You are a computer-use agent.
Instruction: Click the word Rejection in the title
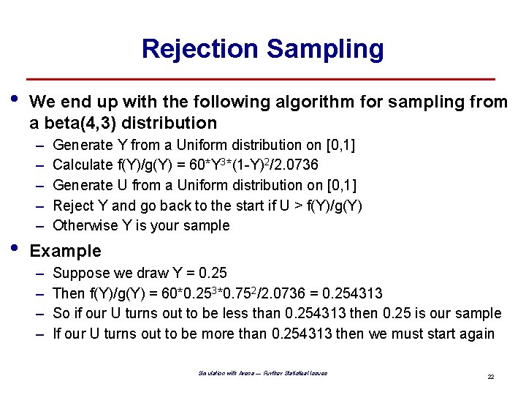[x=199, y=49]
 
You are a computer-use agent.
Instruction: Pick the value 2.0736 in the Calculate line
[x=292, y=165]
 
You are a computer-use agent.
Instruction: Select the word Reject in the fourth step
[x=74, y=206]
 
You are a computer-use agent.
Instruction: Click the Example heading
[x=65, y=251]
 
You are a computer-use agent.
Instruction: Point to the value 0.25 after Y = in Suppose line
[x=213, y=274]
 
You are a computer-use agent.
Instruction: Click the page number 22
[x=491, y=377]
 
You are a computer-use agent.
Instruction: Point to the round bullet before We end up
[x=17, y=100]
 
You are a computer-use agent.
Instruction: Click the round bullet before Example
[x=17, y=249]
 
